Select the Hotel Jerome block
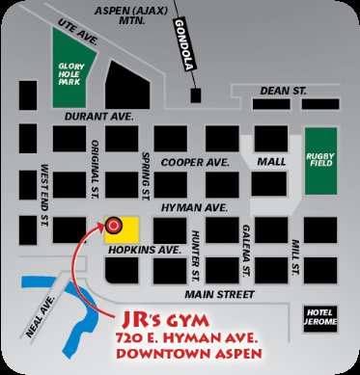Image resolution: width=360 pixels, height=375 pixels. [x=319, y=318]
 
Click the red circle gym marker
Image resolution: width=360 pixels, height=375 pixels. [x=115, y=228]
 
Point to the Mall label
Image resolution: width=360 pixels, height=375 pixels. [x=272, y=162]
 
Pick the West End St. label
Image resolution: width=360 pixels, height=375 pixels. [x=44, y=195]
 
